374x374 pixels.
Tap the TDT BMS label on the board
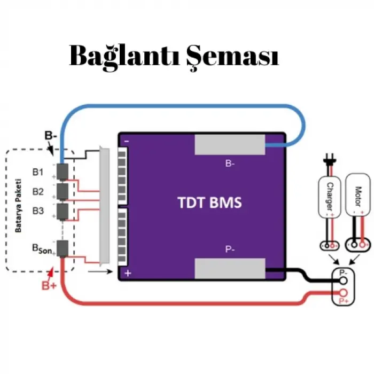point(209,203)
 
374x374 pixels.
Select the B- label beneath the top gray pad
point(230,164)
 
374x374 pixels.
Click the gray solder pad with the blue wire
point(230,144)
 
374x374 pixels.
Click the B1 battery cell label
point(38,172)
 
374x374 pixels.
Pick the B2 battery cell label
point(38,191)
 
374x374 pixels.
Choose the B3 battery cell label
point(38,211)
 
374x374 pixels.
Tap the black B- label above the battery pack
point(51,136)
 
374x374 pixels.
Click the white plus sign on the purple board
point(127,273)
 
